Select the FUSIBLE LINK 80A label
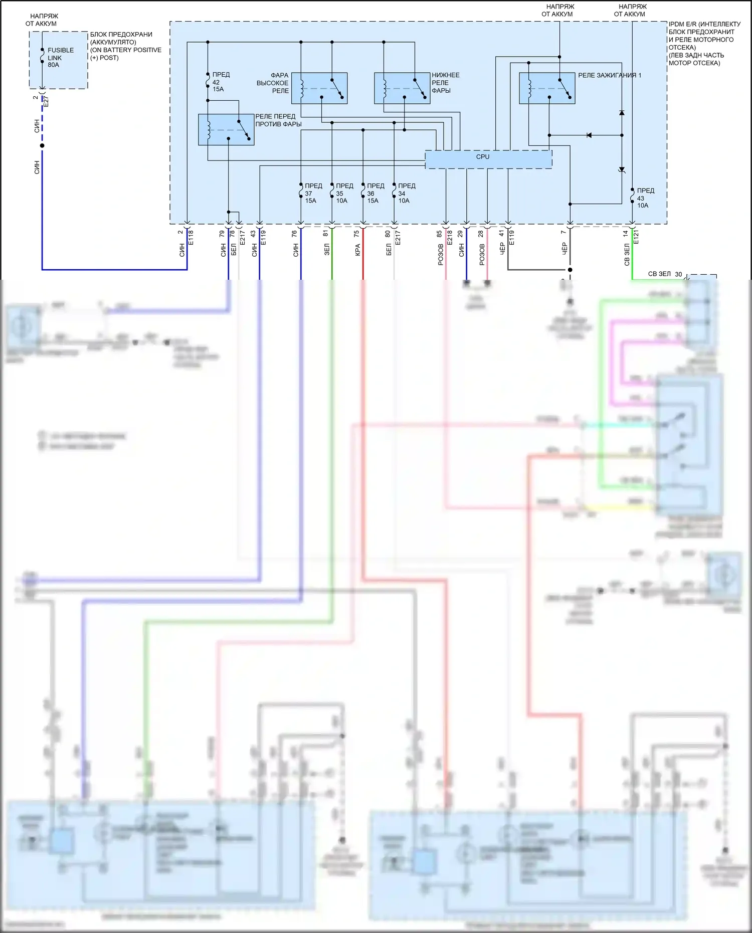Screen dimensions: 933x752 60,57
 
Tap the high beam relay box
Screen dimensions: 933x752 319,88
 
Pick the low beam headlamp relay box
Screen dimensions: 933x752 402,88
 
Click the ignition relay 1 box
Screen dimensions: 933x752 547,88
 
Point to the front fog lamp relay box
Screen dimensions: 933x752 226,130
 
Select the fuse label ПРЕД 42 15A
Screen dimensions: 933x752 220,82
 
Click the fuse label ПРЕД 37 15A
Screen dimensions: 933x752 313,193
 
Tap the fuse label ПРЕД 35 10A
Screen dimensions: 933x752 344,193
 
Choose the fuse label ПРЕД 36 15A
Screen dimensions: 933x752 375,193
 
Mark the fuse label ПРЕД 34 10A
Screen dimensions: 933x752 407,193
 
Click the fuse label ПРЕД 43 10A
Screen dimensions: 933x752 645,198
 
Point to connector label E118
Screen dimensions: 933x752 191,237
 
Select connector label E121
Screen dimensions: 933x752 636,237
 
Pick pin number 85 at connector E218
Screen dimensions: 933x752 439,234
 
